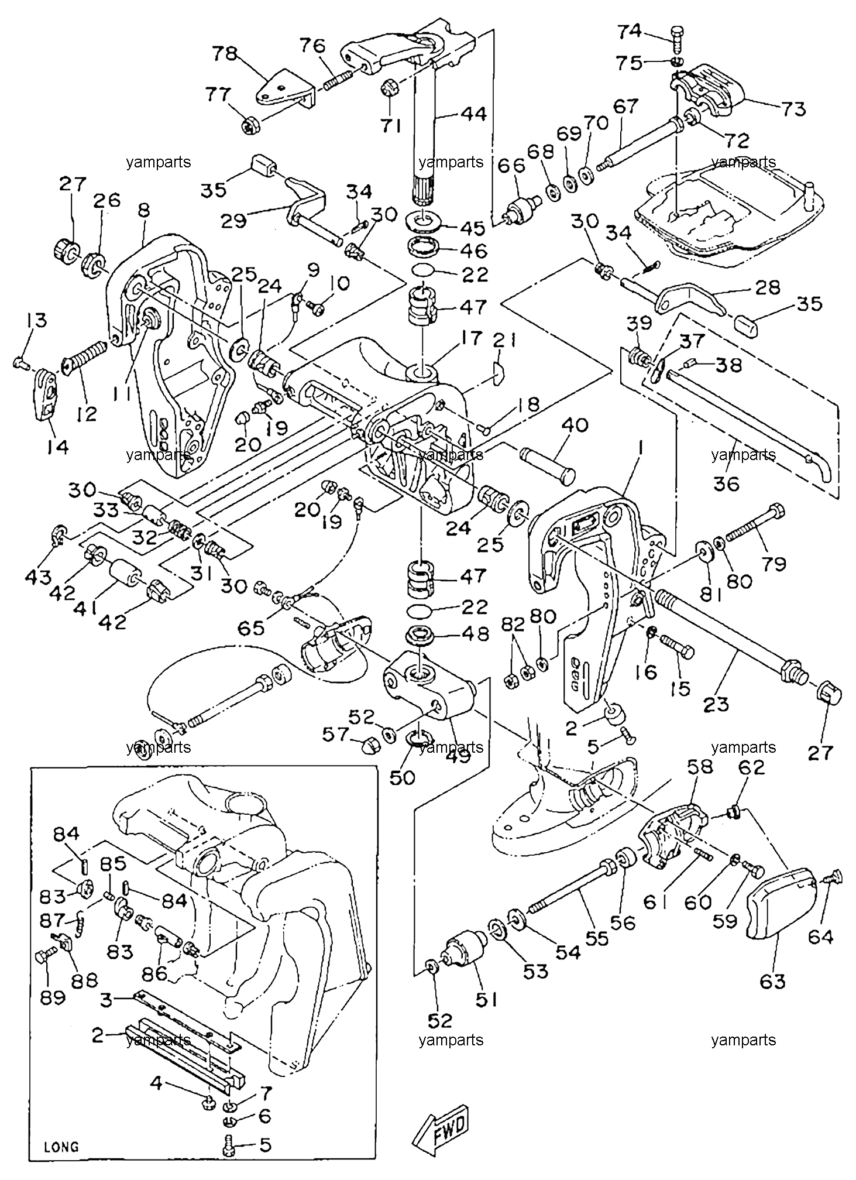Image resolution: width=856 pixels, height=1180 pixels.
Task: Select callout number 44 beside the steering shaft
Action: click(472, 114)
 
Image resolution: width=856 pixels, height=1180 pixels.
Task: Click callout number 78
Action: click(226, 54)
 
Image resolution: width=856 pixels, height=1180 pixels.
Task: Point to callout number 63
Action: click(772, 980)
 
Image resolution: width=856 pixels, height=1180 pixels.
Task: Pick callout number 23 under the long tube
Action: click(716, 704)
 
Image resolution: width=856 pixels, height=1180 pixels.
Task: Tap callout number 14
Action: click(58, 447)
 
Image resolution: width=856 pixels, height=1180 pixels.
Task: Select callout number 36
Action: click(726, 483)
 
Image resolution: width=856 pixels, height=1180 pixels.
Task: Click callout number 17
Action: click(471, 338)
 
